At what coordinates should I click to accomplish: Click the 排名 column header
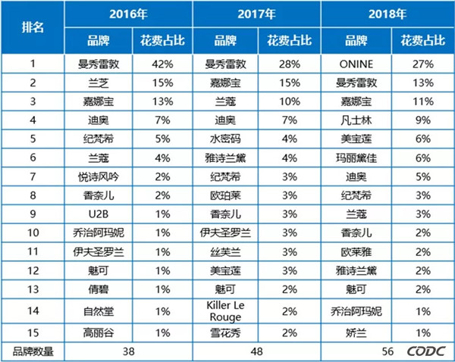pos(33,27)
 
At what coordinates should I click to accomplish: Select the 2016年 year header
pos(129,14)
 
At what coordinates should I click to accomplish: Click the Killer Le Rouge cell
pos(226,311)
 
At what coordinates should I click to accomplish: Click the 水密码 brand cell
pos(226,138)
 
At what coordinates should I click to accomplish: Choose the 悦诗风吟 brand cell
pos(97,175)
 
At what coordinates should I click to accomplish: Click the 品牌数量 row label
pos(33,351)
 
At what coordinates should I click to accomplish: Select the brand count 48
pos(259,351)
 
